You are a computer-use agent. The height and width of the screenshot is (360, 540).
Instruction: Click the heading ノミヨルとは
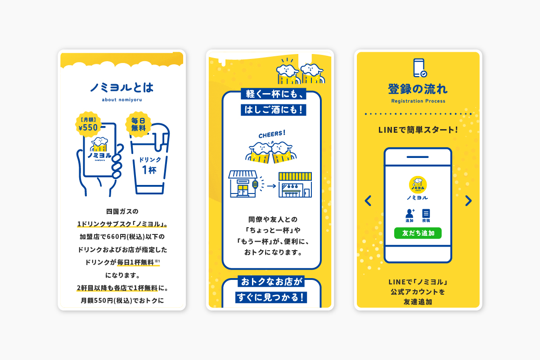121,87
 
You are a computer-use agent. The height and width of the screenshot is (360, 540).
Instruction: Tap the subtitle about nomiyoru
121,100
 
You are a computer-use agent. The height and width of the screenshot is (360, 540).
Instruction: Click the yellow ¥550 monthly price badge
88,123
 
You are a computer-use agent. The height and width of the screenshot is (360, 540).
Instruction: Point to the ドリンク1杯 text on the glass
149,165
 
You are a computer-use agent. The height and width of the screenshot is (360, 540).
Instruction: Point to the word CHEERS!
272,134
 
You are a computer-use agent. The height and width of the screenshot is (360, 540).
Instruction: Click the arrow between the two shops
269,184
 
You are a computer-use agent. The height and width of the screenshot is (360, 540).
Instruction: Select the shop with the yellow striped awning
295,184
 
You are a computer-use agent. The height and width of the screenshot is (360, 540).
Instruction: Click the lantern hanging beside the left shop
256,184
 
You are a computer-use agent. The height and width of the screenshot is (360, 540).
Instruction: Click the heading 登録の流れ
418,89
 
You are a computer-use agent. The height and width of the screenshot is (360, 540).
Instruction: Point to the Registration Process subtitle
418,101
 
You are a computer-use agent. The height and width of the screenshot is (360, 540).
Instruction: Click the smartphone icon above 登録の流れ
419,68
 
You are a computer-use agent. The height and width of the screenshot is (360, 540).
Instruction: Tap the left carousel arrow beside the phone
368,201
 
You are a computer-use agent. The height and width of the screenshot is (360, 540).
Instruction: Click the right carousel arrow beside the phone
468,201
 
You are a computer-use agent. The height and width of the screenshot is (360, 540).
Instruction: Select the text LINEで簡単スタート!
418,130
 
